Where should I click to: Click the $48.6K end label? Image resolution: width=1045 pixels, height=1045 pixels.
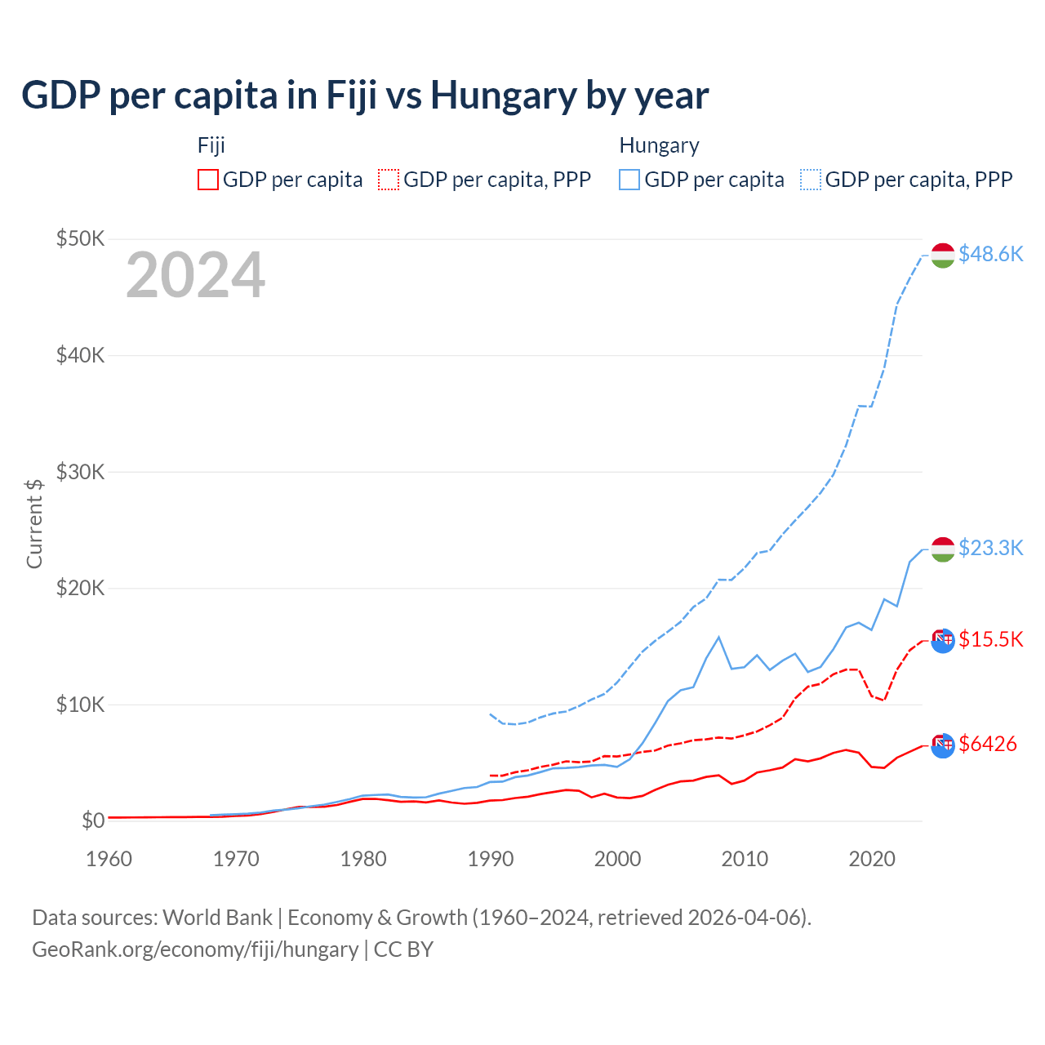pyautogui.click(x=990, y=254)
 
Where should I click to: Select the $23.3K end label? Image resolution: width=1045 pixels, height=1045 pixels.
pyautogui.click(x=990, y=547)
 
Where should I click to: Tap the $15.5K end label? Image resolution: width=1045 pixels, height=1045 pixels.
pyautogui.click(x=990, y=638)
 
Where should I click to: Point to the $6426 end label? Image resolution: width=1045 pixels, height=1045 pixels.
pyautogui.click(x=988, y=744)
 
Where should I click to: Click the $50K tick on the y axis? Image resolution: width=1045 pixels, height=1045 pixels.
pyautogui.click(x=80, y=238)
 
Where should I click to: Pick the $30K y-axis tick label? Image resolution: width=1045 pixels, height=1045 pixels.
pyautogui.click(x=80, y=471)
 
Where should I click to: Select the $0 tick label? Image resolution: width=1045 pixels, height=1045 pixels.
pyautogui.click(x=92, y=820)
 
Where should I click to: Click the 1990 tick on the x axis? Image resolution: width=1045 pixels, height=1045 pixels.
pyautogui.click(x=491, y=859)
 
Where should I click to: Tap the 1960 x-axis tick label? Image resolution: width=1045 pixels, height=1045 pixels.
pyautogui.click(x=109, y=859)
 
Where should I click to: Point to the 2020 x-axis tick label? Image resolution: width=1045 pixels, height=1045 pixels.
pyautogui.click(x=872, y=859)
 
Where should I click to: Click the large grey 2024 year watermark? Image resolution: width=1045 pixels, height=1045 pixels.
pyautogui.click(x=195, y=275)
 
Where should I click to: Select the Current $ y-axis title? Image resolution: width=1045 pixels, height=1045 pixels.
pyautogui.click(x=34, y=523)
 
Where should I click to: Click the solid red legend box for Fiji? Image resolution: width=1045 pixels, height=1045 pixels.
pyautogui.click(x=208, y=180)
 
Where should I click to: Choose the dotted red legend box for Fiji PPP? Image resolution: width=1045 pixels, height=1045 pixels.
pyautogui.click(x=389, y=180)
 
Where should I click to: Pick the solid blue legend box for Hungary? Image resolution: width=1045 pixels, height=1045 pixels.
pyautogui.click(x=629, y=180)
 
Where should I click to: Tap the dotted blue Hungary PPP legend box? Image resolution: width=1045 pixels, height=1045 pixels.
pyautogui.click(x=811, y=180)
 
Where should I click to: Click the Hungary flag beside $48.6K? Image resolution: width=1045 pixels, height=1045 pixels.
pyautogui.click(x=943, y=256)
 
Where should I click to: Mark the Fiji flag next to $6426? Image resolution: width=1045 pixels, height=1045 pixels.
pyautogui.click(x=943, y=745)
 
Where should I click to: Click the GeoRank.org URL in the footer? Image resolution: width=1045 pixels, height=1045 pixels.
pyautogui.click(x=195, y=949)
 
